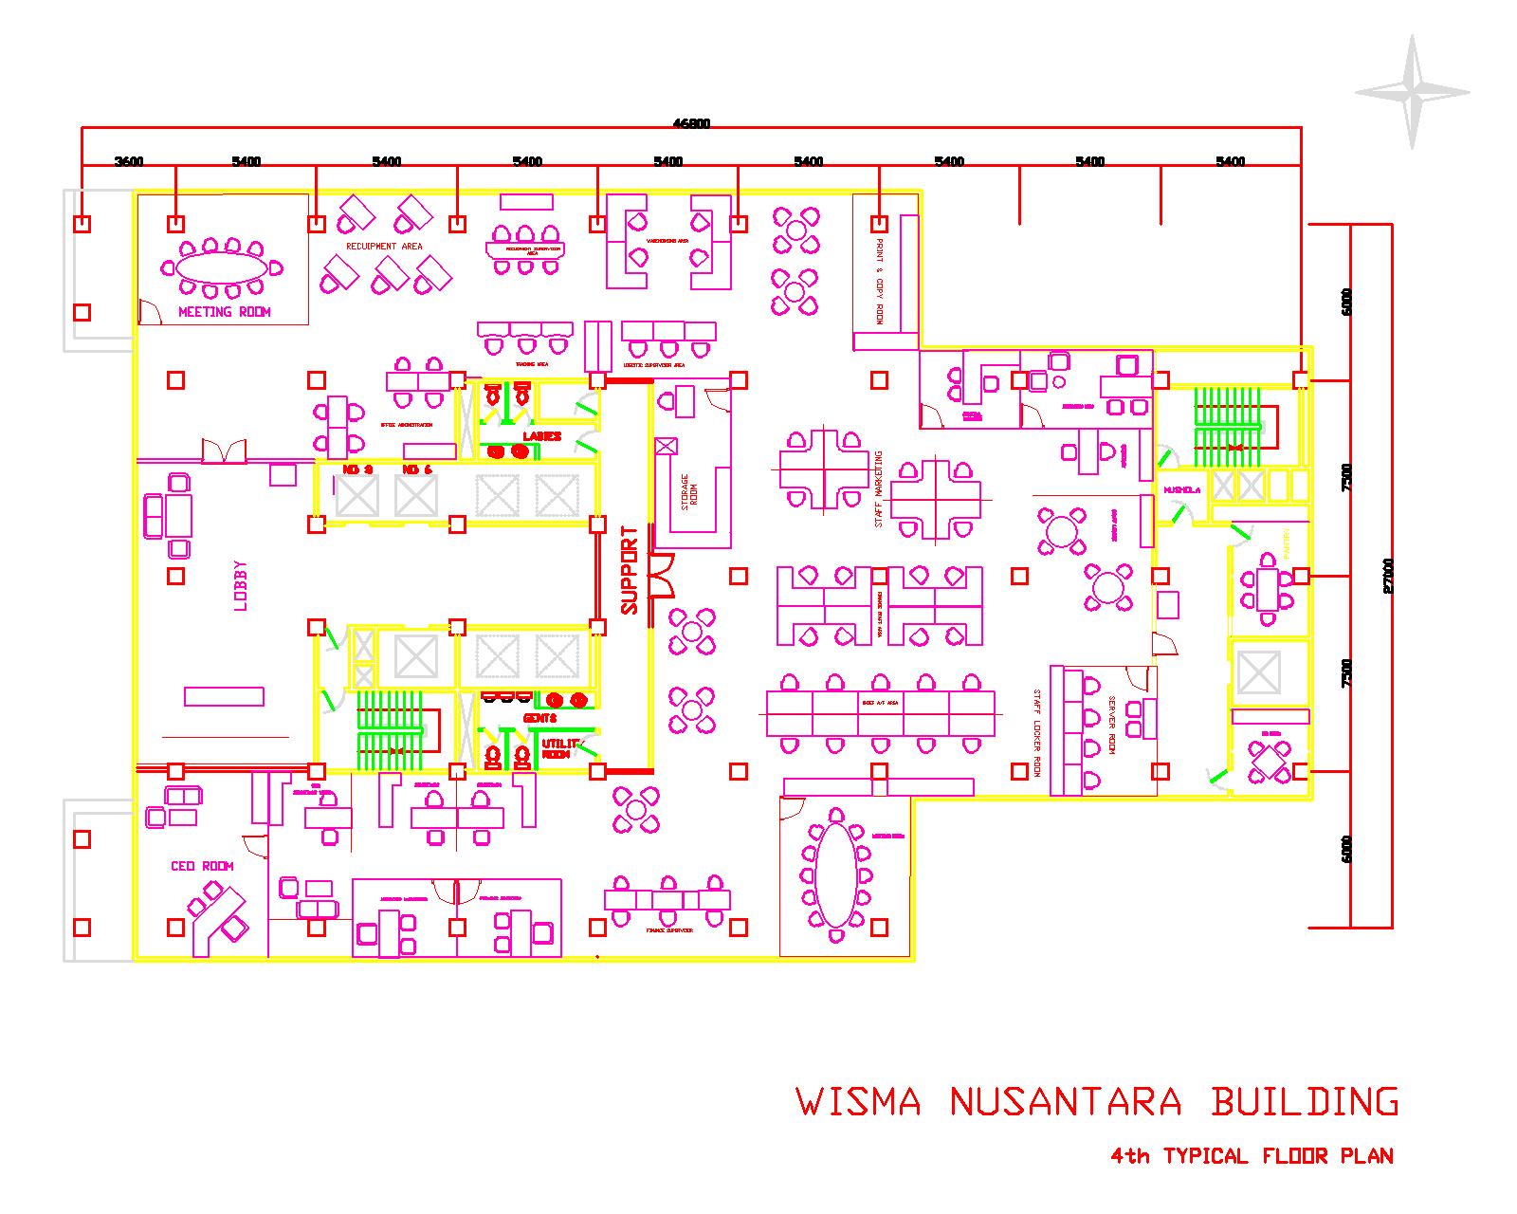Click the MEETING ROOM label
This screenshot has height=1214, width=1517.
pyautogui.click(x=225, y=312)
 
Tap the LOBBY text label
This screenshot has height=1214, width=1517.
pyautogui.click(x=240, y=586)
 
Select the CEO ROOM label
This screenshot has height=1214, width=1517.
pyautogui.click(x=202, y=866)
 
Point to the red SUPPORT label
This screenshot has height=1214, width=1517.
pyautogui.click(x=629, y=570)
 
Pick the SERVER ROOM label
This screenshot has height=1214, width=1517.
pyautogui.click(x=1112, y=726)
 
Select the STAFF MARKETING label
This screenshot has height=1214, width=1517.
pyautogui.click(x=879, y=488)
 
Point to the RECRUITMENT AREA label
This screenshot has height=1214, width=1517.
pyautogui.click(x=384, y=246)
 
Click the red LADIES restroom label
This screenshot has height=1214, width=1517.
pyautogui.click(x=542, y=436)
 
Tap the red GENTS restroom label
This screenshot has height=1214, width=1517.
pyautogui.click(x=539, y=718)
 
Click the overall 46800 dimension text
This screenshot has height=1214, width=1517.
pyautogui.click(x=691, y=122)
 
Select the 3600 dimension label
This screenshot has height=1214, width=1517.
pyautogui.click(x=129, y=161)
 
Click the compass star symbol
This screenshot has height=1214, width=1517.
pyautogui.click(x=1412, y=92)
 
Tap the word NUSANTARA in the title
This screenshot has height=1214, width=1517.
pyautogui.click(x=1066, y=1103)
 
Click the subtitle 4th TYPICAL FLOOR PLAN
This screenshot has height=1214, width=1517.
pyautogui.click(x=1252, y=1156)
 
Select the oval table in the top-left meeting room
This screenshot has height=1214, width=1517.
pyautogui.click(x=224, y=267)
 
